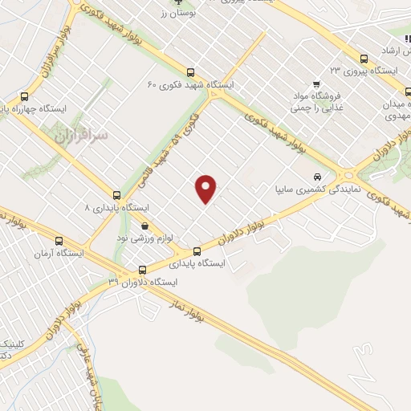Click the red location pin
(207, 189)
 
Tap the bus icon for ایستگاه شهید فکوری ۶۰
(189, 71)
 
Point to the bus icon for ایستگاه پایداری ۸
(117, 195)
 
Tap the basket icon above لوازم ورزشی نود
(144, 226)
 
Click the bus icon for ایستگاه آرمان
(58, 240)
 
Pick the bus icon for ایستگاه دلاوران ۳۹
(142, 270)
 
